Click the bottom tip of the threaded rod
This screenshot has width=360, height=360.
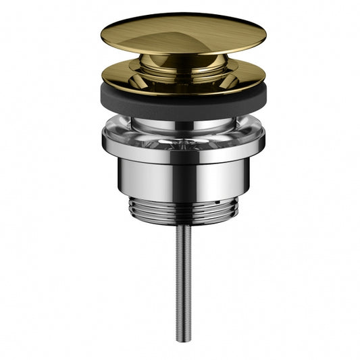(180, 340)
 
